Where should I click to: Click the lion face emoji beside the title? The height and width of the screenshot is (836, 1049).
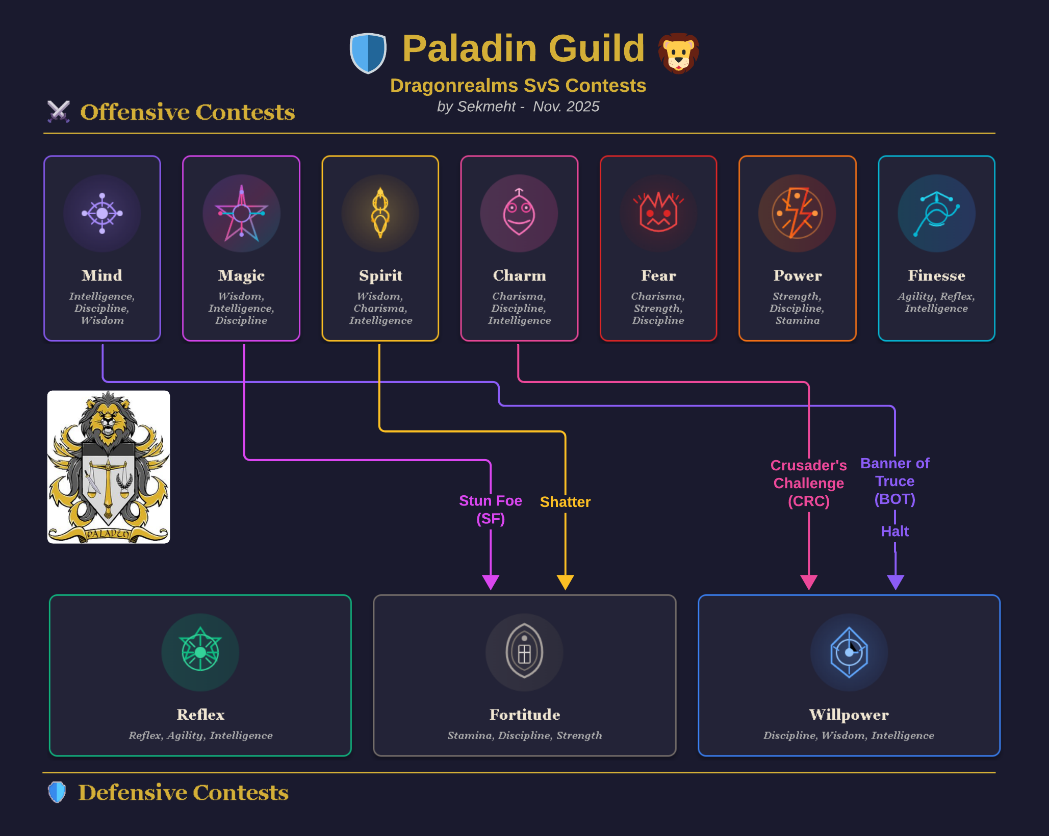click(x=678, y=53)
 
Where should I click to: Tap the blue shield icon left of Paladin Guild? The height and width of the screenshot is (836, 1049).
click(x=368, y=53)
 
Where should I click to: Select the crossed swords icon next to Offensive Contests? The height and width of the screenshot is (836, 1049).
click(x=59, y=111)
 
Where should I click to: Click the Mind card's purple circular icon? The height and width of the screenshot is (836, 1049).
click(x=102, y=213)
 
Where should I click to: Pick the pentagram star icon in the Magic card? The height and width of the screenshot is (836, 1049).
click(x=241, y=213)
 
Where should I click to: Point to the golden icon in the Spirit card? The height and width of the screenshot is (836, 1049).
click(x=380, y=213)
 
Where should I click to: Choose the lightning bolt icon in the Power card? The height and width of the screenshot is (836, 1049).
click(x=797, y=213)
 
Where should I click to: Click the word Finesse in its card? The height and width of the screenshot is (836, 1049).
click(x=936, y=275)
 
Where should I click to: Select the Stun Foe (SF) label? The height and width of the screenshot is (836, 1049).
click(x=491, y=510)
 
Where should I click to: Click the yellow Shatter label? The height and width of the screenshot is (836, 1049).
click(x=565, y=502)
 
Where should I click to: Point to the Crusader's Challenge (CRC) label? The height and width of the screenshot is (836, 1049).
click(x=809, y=483)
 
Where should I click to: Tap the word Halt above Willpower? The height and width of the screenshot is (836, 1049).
click(x=895, y=531)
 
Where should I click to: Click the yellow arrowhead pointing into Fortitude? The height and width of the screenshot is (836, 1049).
click(x=565, y=582)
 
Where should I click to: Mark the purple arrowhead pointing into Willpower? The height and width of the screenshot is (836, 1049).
click(x=896, y=582)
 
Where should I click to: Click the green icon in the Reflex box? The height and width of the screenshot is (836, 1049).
click(x=200, y=652)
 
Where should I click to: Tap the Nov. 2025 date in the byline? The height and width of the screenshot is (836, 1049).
click(x=566, y=107)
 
